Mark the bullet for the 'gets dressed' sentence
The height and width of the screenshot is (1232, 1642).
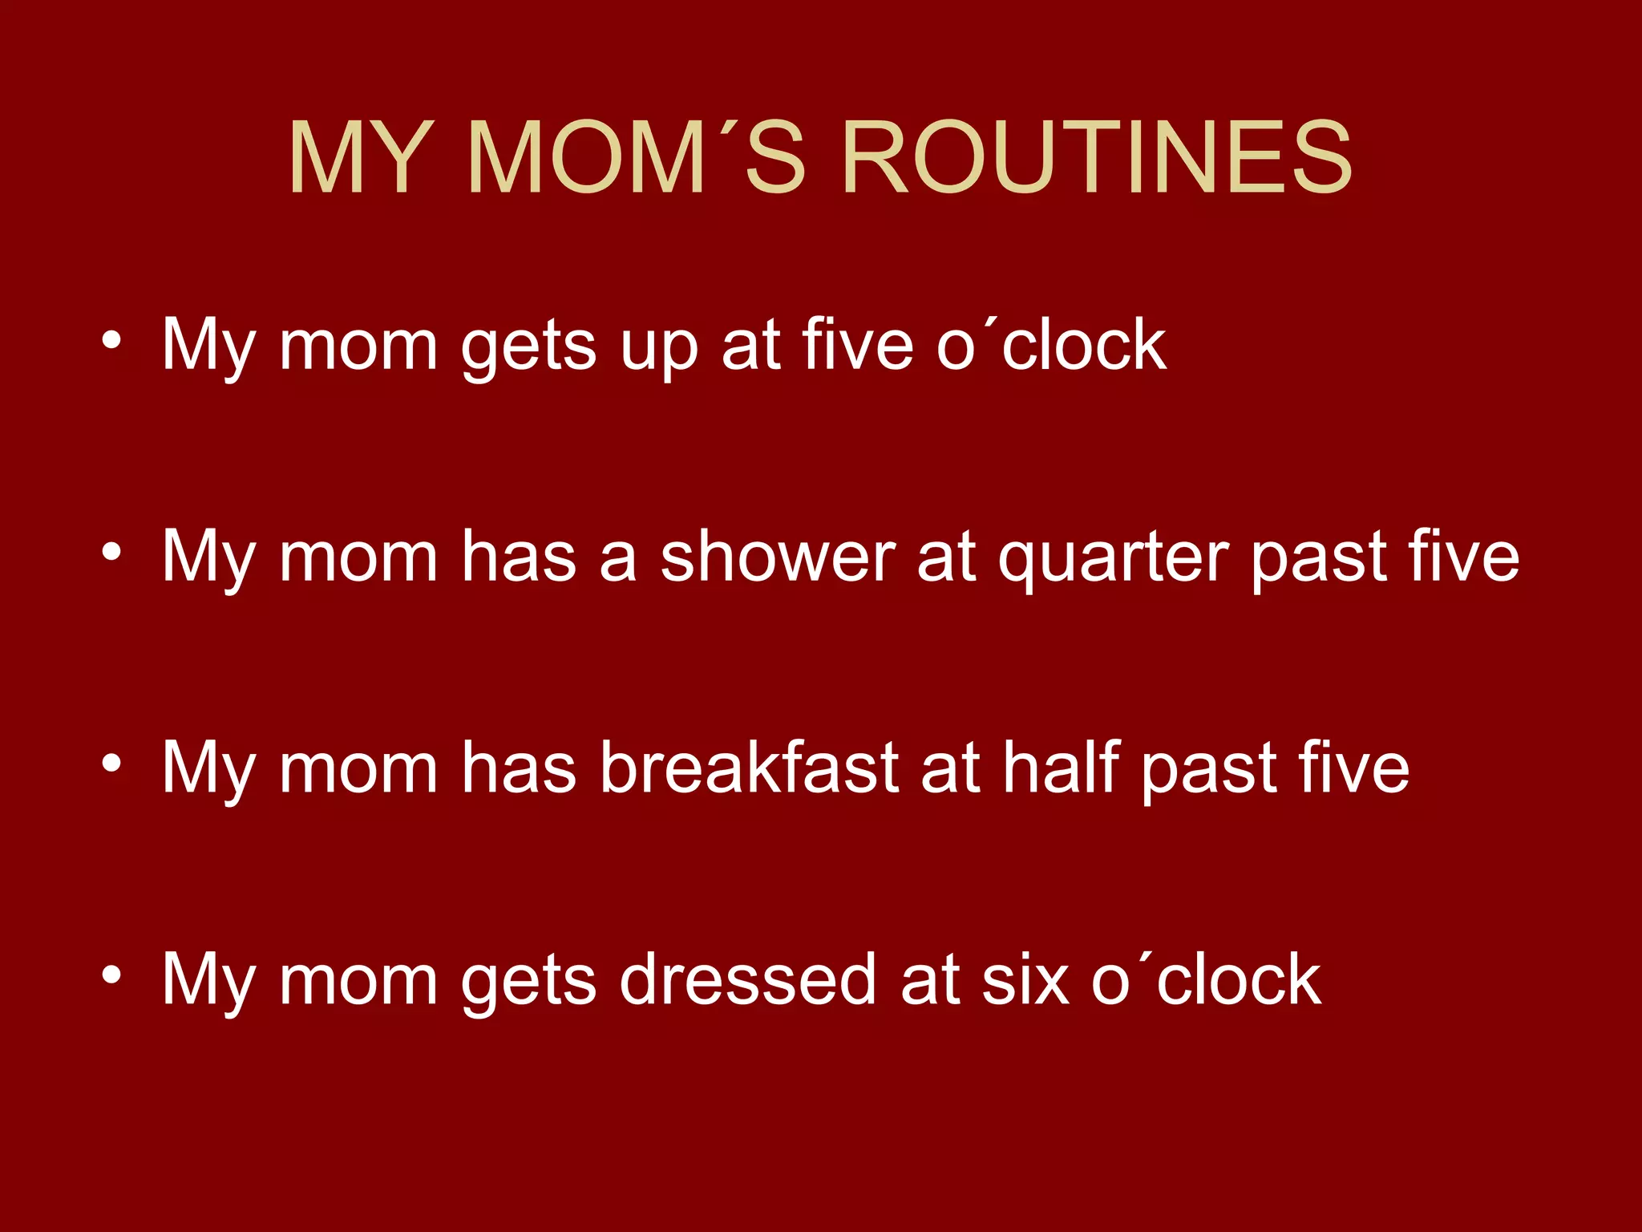111,975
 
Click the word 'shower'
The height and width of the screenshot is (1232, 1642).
777,557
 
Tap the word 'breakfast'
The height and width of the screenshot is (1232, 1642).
749,768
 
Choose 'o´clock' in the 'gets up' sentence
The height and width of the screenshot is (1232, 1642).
1051,346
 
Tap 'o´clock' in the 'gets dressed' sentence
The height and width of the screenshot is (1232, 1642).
1206,979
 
